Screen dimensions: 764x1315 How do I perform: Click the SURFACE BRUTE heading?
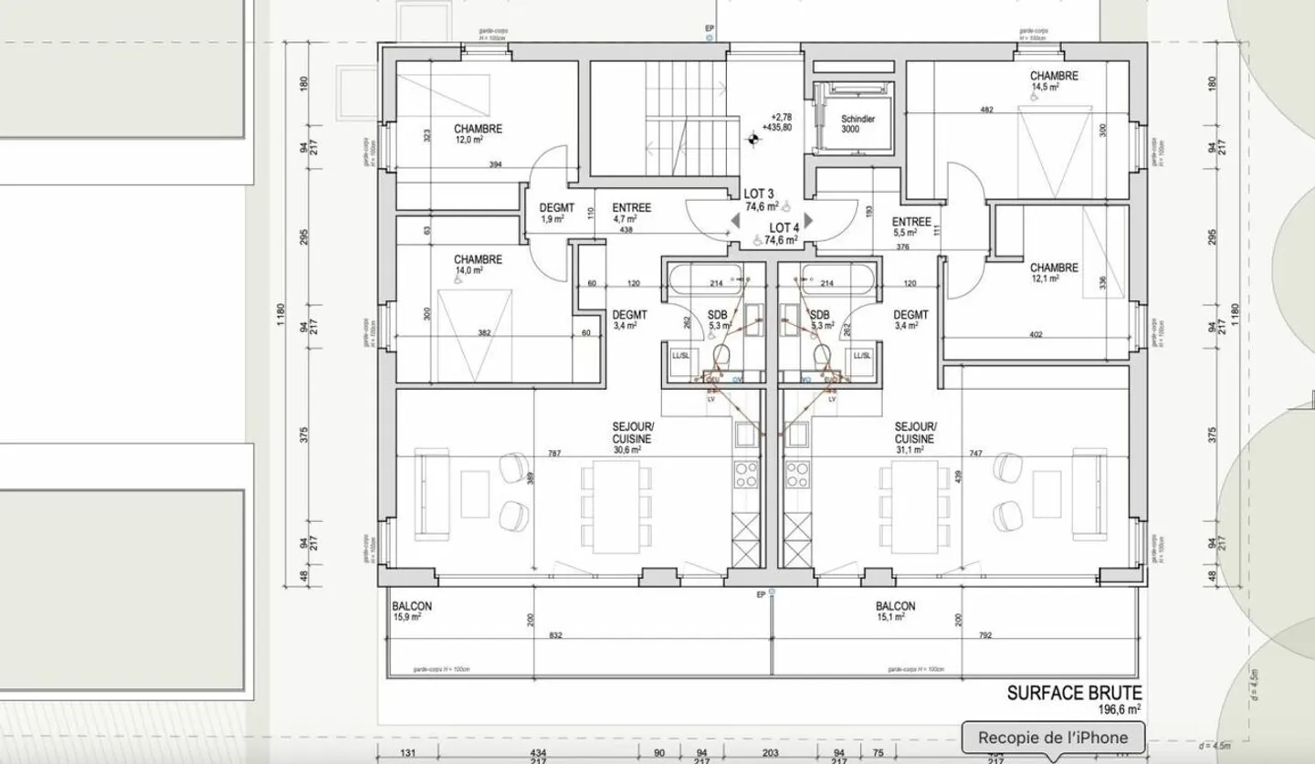[x=1074, y=694]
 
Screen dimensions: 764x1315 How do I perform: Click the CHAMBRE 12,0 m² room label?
[x=478, y=134]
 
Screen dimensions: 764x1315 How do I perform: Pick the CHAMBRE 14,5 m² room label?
[x=1054, y=82]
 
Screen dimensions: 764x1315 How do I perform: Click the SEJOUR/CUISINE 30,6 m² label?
[x=633, y=437]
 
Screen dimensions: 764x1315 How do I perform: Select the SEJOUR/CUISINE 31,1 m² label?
[x=915, y=437]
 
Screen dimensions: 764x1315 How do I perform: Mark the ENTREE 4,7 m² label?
[x=631, y=213]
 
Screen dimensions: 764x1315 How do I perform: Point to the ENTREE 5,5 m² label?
[x=910, y=226]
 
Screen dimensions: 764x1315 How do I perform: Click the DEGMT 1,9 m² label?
[x=555, y=213]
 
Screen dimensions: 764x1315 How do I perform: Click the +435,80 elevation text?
[x=781, y=128]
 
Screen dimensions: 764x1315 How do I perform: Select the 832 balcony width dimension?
[x=556, y=635]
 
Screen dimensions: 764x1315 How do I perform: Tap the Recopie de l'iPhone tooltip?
[x=1052, y=738]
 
